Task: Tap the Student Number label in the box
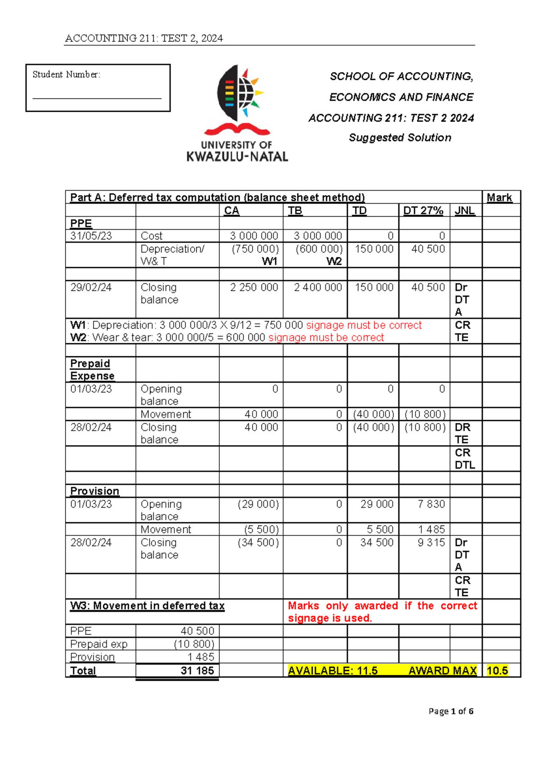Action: [66, 74]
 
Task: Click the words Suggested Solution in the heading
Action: [400, 138]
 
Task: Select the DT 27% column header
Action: [423, 210]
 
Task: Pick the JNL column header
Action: [464, 210]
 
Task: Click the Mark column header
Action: [499, 197]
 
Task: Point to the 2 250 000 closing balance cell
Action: [254, 287]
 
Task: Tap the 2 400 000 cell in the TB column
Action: [318, 287]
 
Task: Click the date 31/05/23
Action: [91, 236]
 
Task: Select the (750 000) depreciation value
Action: [255, 249]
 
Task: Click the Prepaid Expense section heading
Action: [92, 370]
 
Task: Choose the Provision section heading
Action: [94, 491]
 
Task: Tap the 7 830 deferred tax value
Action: [431, 504]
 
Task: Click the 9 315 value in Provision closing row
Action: [431, 542]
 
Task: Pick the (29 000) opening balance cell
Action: [258, 504]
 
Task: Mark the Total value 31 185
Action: [197, 670]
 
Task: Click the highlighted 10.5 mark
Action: [497, 670]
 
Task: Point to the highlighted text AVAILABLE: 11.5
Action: [332, 670]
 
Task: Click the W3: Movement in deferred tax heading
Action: [147, 606]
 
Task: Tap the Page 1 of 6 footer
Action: [451, 711]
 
